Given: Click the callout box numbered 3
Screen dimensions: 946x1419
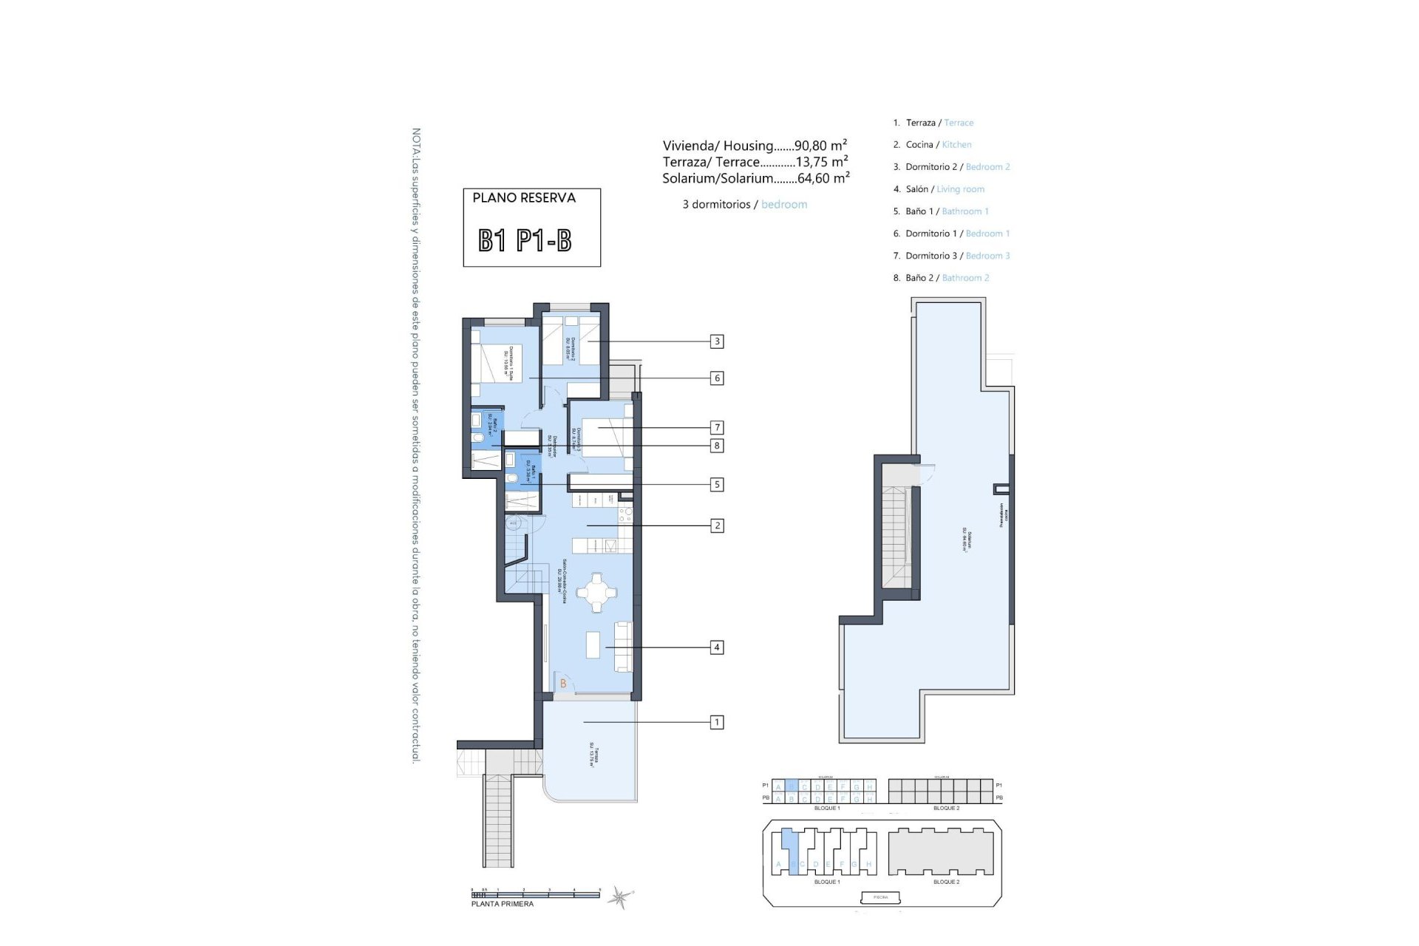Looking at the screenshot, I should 716,341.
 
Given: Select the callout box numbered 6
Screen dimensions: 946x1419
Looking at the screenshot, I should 716,378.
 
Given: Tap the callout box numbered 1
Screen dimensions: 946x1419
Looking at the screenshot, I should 716,722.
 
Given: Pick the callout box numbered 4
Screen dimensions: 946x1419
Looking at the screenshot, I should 716,647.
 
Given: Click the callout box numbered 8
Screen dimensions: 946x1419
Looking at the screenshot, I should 716,446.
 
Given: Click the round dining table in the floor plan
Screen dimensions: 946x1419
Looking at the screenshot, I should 596,592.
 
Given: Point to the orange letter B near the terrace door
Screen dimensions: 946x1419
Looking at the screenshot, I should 563,684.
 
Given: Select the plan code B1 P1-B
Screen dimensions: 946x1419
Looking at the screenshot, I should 525,241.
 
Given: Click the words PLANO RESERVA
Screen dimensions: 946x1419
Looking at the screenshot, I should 524,198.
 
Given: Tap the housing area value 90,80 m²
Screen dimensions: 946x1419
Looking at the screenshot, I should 820,146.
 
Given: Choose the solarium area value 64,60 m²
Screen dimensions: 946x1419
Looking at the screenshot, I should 823,178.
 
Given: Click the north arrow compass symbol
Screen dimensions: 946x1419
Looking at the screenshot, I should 619,897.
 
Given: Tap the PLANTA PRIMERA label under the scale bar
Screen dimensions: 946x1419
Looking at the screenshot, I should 503,904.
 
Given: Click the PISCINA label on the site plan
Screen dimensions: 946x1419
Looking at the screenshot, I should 881,897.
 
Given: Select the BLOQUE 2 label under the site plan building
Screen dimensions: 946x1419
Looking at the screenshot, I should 946,882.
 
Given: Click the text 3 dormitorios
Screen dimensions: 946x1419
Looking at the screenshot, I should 716,205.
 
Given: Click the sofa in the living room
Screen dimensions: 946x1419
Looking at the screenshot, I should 623,646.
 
